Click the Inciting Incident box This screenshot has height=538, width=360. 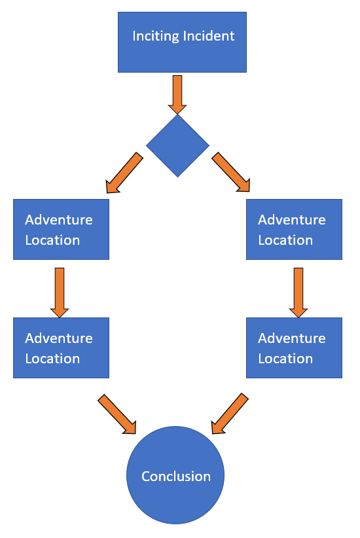[182, 42]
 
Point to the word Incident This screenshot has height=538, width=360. [209, 36]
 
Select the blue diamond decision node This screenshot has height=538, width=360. [178, 145]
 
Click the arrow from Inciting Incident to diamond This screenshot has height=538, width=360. [177, 94]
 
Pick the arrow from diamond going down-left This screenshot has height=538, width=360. [124, 173]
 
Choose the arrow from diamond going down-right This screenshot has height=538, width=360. [231, 172]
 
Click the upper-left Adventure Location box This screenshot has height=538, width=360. [61, 229]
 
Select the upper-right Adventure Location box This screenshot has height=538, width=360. [294, 229]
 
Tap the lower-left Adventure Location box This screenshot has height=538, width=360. [61, 348]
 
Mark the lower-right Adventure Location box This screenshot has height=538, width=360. [294, 348]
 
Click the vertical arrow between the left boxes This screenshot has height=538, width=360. [60, 293]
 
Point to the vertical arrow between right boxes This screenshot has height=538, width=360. [298, 293]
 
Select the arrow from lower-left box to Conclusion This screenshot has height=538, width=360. [117, 414]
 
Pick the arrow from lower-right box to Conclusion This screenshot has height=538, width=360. [230, 414]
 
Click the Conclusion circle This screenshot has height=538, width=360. [175, 475]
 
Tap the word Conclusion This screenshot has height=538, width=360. [176, 476]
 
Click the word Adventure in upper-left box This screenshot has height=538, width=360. [59, 220]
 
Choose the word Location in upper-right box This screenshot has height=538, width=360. [285, 240]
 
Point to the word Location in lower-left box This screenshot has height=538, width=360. [52, 359]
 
